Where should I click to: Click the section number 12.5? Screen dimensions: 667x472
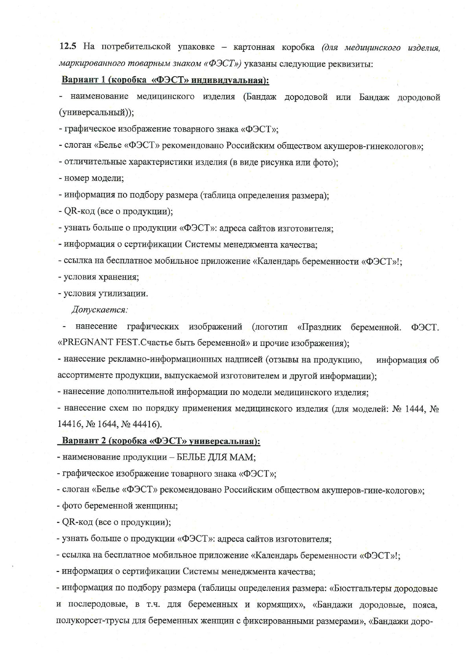point(67,47)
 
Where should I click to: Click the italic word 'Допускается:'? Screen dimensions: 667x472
point(100,310)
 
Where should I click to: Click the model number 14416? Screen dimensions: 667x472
point(69,424)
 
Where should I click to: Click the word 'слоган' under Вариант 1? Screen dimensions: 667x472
point(79,145)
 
